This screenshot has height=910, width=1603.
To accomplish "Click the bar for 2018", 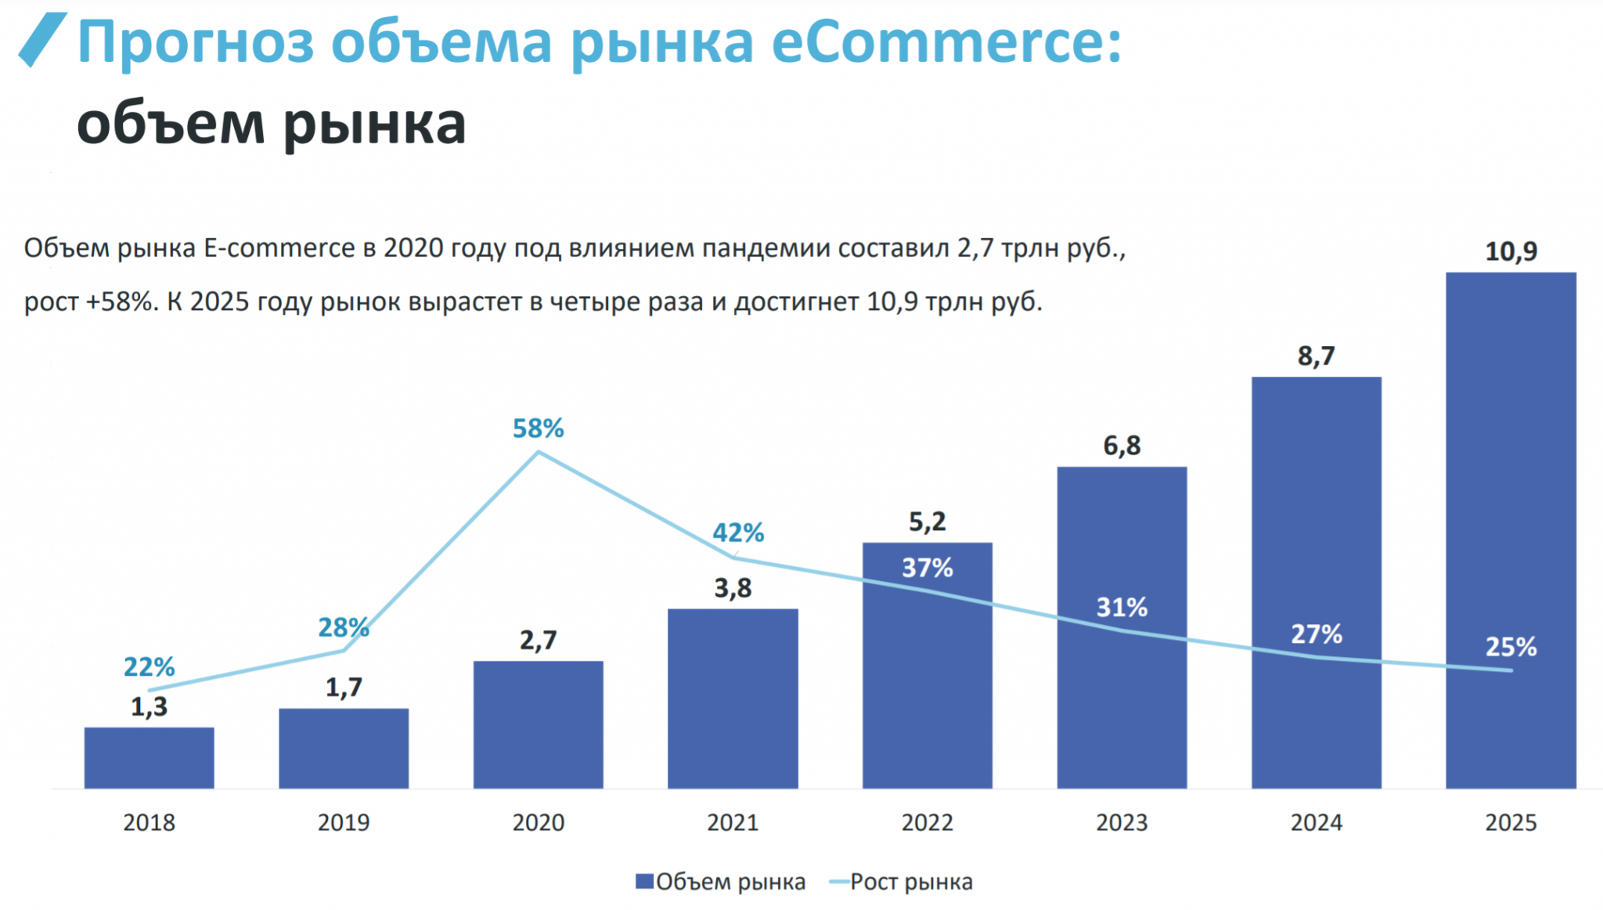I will [x=149, y=757].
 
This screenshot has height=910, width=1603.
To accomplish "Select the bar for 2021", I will [x=733, y=698].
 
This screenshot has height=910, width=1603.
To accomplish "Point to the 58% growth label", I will [x=538, y=428].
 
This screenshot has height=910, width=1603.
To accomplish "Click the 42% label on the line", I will [x=737, y=533].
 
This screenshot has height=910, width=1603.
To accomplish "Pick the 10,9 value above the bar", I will [x=1511, y=251].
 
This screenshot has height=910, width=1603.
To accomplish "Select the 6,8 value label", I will [x=1122, y=446].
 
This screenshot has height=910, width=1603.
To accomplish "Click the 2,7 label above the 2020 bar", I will [x=538, y=641].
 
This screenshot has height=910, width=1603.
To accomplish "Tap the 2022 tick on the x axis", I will [x=927, y=822].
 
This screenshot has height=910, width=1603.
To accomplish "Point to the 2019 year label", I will [x=344, y=822].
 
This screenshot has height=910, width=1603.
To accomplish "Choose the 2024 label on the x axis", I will [x=1316, y=822].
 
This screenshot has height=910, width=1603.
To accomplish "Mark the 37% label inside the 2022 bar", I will [x=927, y=568].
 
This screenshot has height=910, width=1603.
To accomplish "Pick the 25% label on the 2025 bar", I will [x=1511, y=647].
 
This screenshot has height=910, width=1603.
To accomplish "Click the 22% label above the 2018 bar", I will [x=149, y=667].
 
